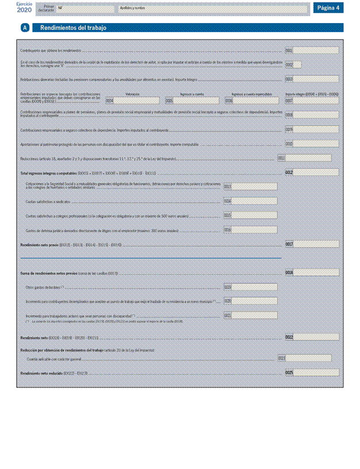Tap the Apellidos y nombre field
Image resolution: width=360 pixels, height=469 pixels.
[213, 9]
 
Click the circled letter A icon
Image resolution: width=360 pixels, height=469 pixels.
[25, 28]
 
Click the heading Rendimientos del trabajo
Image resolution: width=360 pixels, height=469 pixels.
[73, 28]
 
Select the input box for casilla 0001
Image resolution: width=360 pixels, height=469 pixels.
[316, 51]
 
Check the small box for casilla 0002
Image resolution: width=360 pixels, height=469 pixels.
[297, 64]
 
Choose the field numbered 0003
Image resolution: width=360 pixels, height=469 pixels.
[316, 79]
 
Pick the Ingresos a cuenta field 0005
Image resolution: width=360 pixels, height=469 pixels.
[198, 101]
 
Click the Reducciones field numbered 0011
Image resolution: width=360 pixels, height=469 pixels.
[308, 158]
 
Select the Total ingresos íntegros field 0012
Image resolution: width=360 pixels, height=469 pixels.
[316, 172]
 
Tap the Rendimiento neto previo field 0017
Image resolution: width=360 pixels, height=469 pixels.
[316, 244]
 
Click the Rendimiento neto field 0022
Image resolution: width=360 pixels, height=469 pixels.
[316, 337]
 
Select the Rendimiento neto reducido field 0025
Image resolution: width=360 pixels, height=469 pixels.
[316, 372]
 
